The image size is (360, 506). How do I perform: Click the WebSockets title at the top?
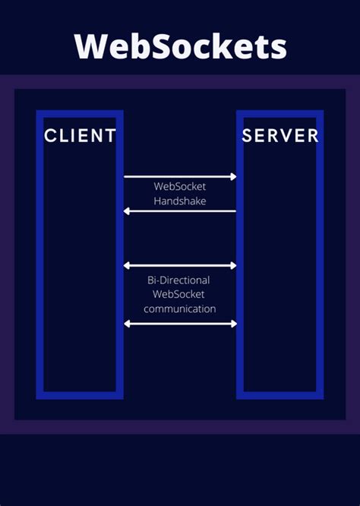click(180, 46)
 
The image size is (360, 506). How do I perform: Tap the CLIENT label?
click(80, 136)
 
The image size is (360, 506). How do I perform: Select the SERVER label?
click(280, 136)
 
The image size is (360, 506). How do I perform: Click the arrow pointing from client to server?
click(180, 177)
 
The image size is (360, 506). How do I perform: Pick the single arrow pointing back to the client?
click(180, 211)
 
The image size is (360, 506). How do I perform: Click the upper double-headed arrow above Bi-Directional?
click(180, 266)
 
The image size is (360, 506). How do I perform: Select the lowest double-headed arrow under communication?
click(180, 324)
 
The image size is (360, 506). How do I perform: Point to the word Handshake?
click(180, 201)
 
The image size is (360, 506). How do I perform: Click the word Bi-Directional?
click(180, 280)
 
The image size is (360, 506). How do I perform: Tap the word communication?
click(180, 309)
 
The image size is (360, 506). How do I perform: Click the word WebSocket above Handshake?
click(180, 186)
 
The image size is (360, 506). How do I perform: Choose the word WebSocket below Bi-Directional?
click(180, 295)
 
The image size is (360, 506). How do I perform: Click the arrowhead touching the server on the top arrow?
click(234, 177)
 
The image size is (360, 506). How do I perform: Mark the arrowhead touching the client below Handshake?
click(127, 211)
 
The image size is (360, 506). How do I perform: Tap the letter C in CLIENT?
click(50, 136)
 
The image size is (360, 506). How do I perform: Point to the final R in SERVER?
click(313, 136)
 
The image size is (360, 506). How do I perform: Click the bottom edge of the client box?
click(80, 395)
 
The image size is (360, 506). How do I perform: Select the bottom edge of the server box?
click(280, 395)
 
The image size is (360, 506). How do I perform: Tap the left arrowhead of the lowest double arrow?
click(128, 324)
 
